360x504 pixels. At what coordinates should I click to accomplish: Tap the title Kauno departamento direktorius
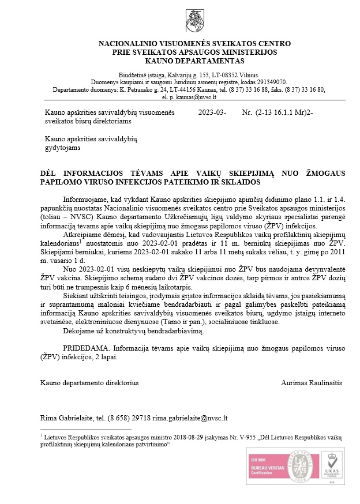coord(89,383)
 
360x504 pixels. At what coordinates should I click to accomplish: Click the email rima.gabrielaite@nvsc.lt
coord(200,417)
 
